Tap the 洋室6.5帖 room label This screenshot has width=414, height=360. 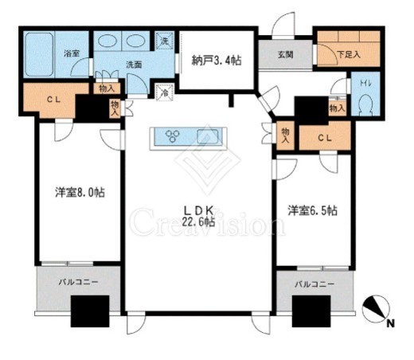click(x=312, y=210)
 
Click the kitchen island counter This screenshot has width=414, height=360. click(x=190, y=137)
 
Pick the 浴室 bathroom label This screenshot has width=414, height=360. click(x=70, y=53)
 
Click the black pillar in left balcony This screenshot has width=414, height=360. click(x=88, y=310)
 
